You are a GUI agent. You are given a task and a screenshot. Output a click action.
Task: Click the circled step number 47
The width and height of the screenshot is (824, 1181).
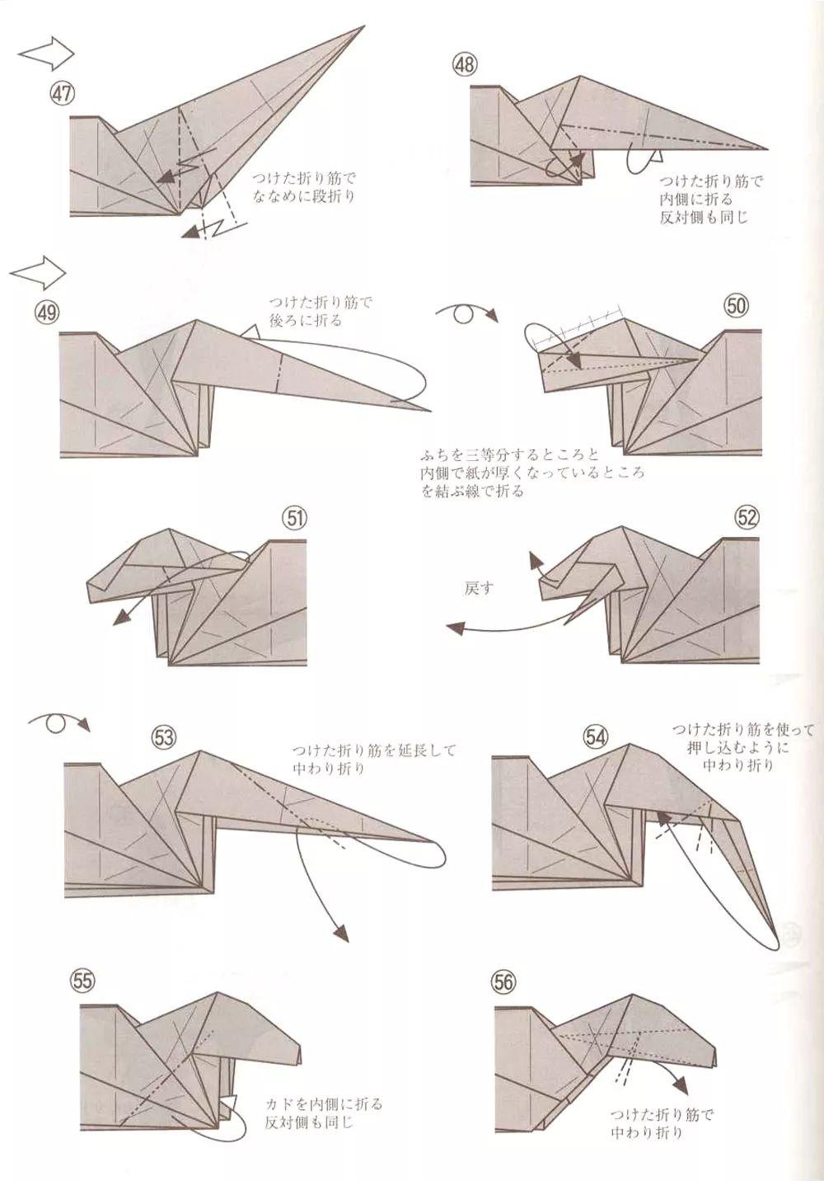(x=62, y=94)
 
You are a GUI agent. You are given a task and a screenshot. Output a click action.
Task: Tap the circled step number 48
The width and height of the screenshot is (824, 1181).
(x=465, y=64)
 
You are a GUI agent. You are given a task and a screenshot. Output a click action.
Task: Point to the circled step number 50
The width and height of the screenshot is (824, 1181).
(x=736, y=306)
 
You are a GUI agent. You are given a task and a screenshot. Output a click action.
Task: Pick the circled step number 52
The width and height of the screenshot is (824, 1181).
(x=747, y=517)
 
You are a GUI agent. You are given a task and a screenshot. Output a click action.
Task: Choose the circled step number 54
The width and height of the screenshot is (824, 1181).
(x=596, y=736)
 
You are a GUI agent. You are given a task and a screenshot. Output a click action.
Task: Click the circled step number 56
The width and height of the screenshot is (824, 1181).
(x=503, y=981)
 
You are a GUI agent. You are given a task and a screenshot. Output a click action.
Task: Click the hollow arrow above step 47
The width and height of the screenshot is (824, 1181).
(x=46, y=54)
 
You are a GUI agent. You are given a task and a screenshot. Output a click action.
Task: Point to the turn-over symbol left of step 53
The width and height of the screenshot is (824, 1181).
(x=59, y=722)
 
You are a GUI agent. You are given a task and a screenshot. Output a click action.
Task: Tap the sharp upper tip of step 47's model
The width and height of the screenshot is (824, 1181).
(x=363, y=28)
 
